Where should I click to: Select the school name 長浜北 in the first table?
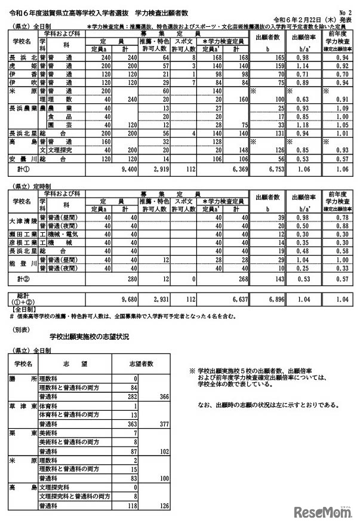point(24,56)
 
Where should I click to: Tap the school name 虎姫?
point(24,65)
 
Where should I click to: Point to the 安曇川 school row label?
point(24,160)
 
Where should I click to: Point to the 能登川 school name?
point(24,264)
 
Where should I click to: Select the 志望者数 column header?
point(142,363)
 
